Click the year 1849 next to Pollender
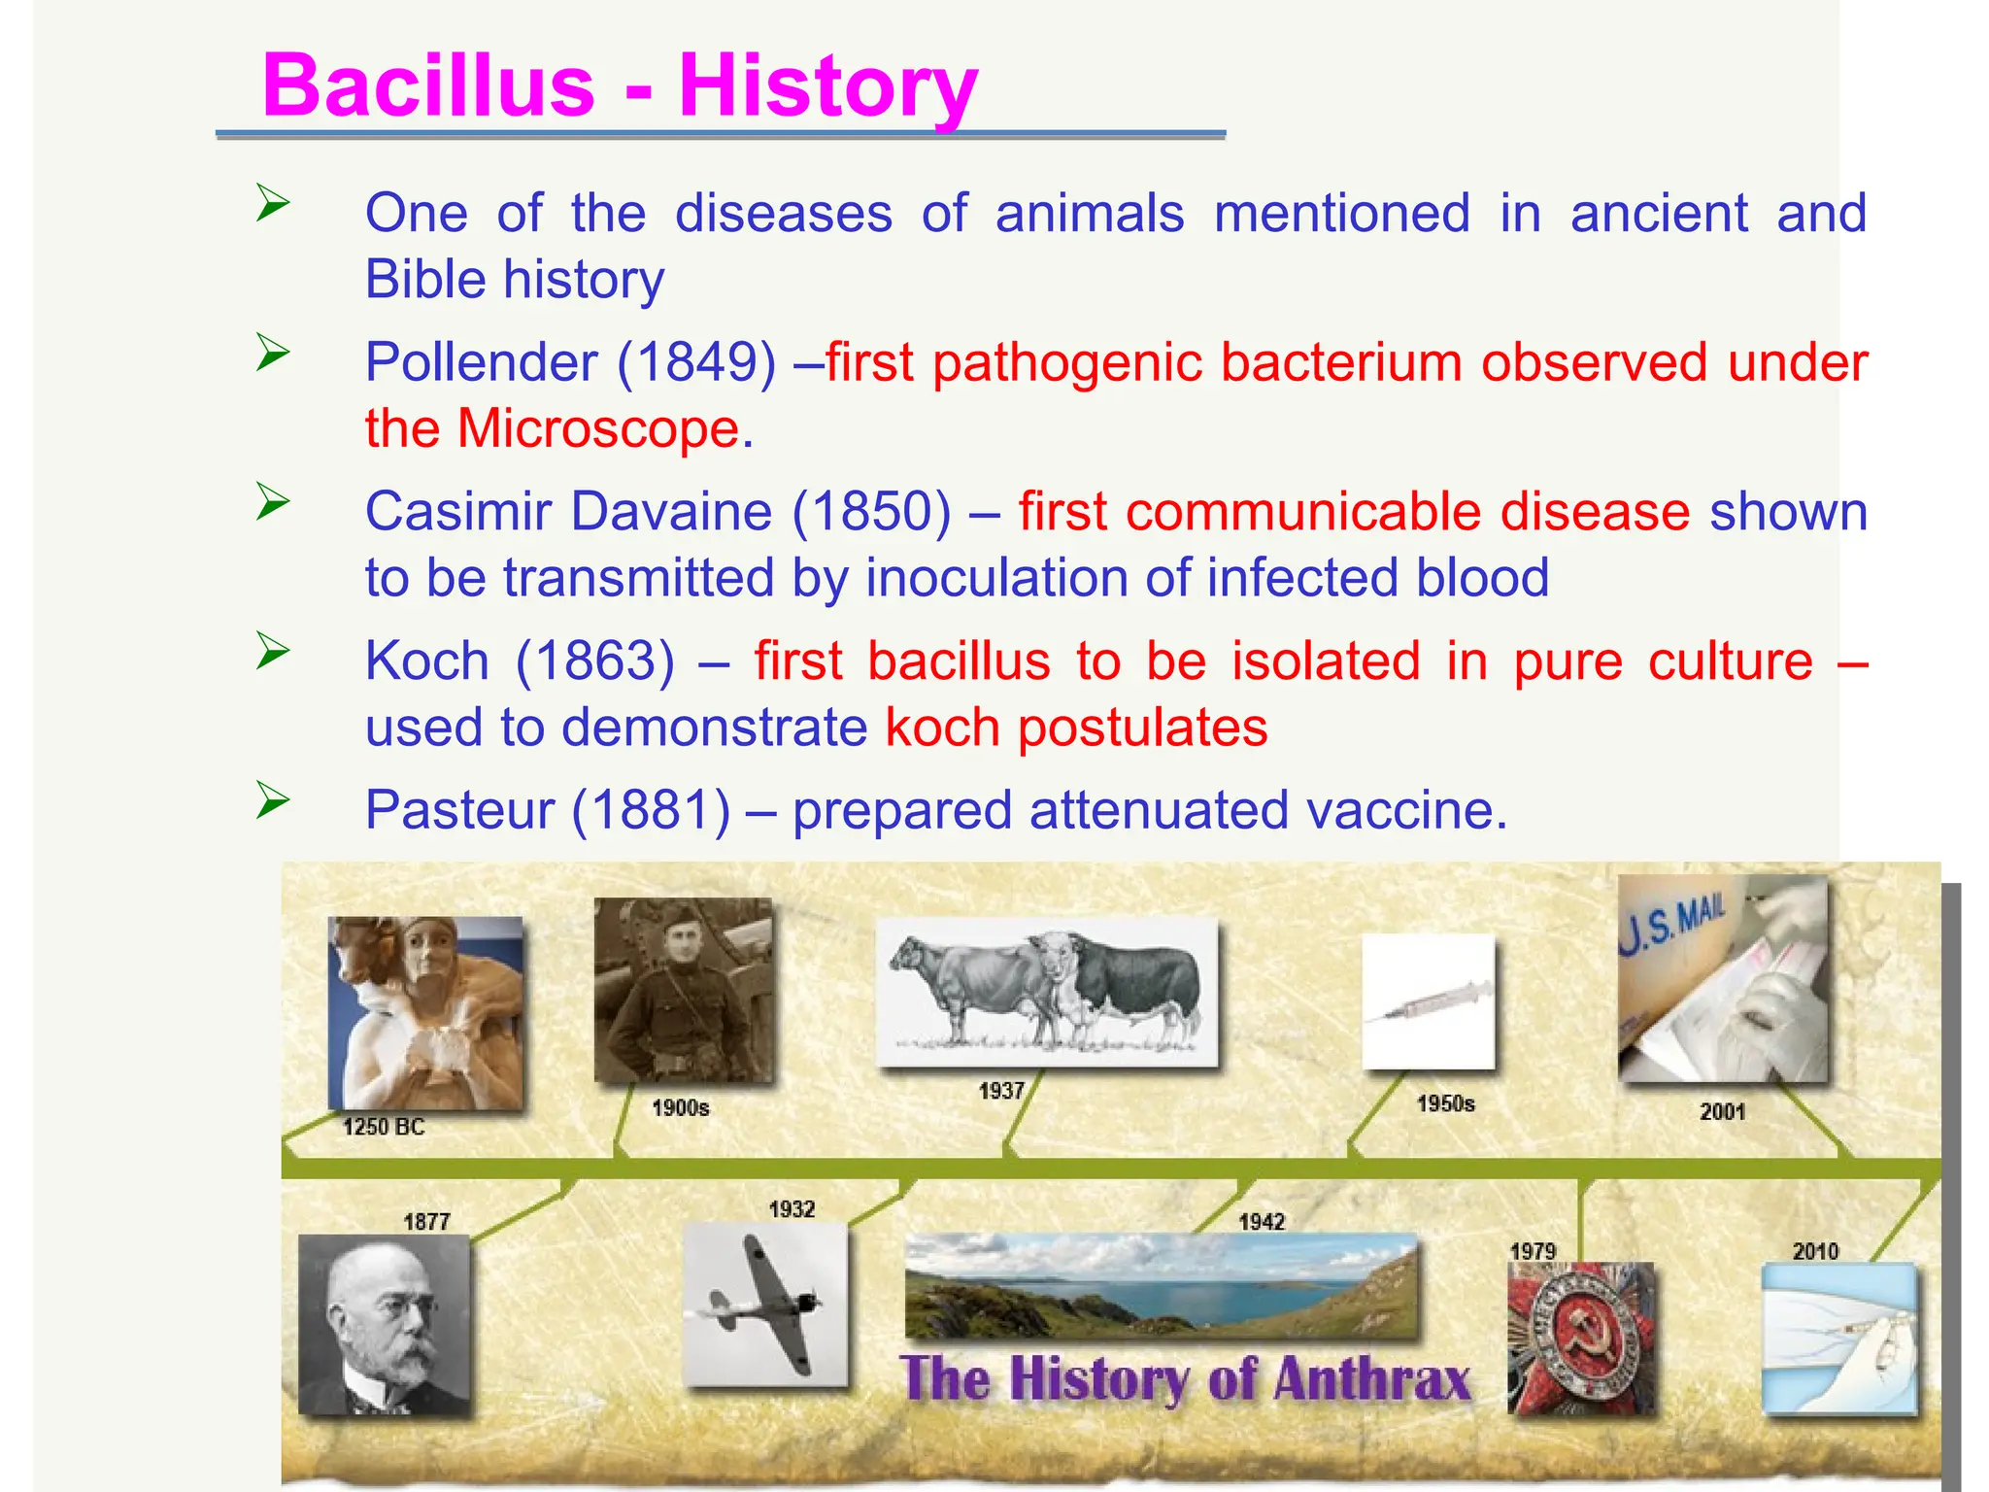(696, 362)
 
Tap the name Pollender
(481, 362)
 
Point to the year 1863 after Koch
(594, 661)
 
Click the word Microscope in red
(598, 428)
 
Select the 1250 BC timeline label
(384, 1127)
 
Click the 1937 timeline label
(1001, 1090)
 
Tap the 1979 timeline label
(1533, 1251)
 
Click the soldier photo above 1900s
(684, 989)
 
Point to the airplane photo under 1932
(764, 1304)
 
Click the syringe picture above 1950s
(1428, 1001)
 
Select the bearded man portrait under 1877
(385, 1324)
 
